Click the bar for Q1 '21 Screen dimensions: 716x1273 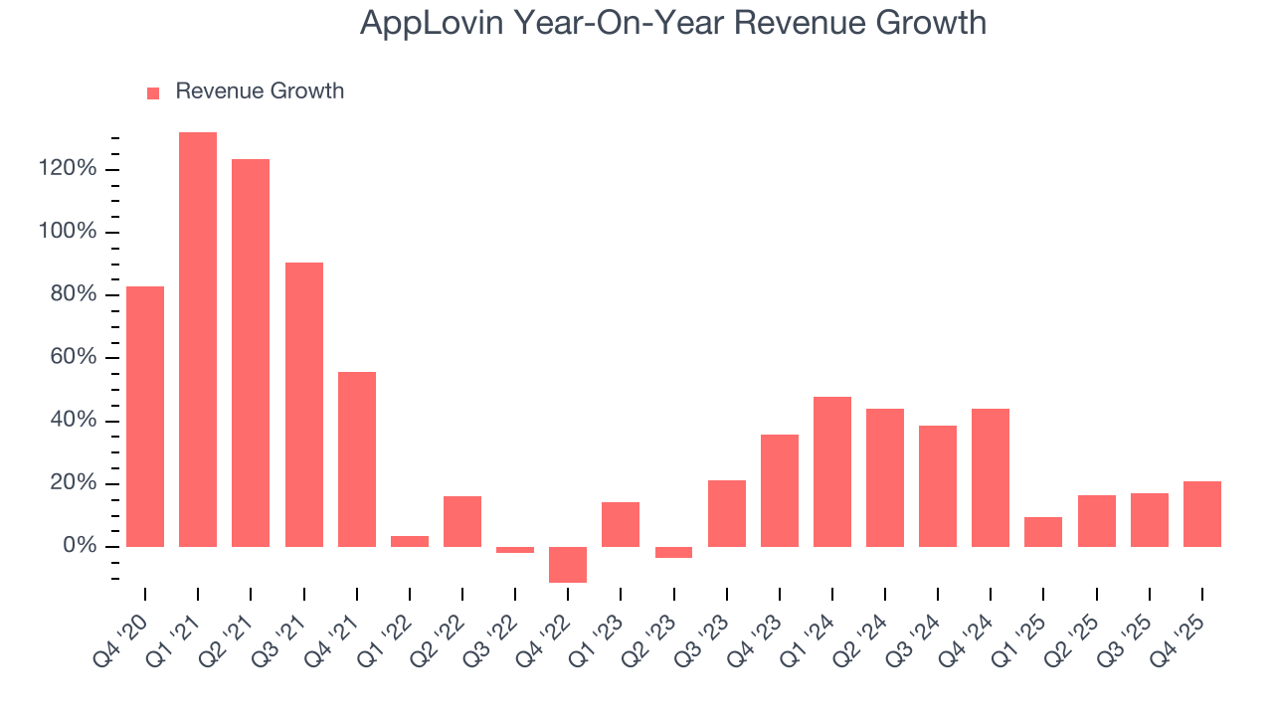198,339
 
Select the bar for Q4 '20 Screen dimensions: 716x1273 145,416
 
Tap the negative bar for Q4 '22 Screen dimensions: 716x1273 568,564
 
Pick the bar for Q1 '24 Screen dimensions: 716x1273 832,471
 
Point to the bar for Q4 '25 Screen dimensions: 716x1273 1202,513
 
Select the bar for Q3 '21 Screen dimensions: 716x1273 304,404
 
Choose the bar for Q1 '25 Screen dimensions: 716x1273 1043,531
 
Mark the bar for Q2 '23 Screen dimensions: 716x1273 673,552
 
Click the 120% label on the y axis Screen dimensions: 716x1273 69,169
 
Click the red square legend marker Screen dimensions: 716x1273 153,92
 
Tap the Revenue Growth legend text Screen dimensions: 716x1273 260,91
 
